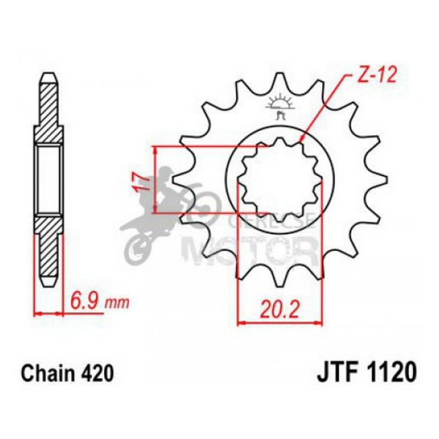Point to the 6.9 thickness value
(83, 299)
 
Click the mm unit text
(116, 300)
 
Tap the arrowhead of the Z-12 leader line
(300, 139)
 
